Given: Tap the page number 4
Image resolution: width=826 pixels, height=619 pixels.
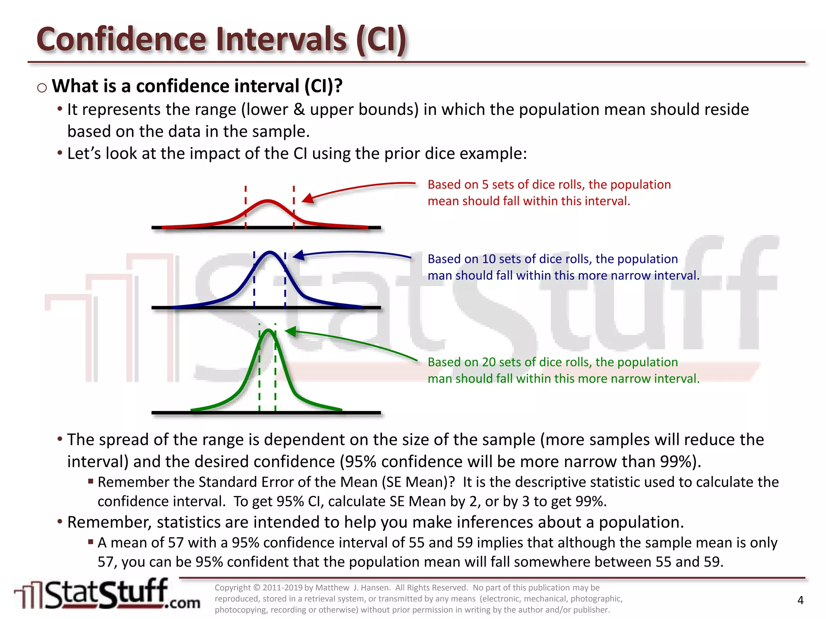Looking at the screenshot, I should [800, 600].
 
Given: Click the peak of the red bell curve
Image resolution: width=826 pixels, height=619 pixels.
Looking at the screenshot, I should [268, 200].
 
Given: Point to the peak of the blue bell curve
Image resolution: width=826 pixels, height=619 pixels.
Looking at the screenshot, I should [270, 253].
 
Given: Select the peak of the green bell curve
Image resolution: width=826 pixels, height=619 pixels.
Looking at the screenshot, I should [268, 330].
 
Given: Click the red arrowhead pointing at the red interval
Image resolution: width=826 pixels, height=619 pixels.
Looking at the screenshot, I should [307, 198].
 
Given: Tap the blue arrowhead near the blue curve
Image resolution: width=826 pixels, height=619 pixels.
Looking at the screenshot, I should [298, 255].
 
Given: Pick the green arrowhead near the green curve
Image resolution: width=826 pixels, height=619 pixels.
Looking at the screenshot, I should [290, 331].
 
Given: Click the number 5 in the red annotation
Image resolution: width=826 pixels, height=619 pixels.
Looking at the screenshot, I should [485, 185].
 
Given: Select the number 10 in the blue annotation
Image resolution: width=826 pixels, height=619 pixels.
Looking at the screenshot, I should [489, 259].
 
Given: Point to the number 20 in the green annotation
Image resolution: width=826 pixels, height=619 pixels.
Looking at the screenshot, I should [489, 362].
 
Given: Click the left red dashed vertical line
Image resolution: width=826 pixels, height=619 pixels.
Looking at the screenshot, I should [246, 208].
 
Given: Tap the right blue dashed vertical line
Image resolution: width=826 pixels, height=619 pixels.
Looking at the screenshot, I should [285, 280].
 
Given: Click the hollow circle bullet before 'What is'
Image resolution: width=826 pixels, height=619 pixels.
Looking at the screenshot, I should [42, 88].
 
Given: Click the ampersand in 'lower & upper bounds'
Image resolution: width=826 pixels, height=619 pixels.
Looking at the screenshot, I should [299, 110].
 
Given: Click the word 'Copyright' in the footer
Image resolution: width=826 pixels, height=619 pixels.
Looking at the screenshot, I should [233, 588].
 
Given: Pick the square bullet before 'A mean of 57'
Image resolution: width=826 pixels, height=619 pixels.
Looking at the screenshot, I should [91, 542].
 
